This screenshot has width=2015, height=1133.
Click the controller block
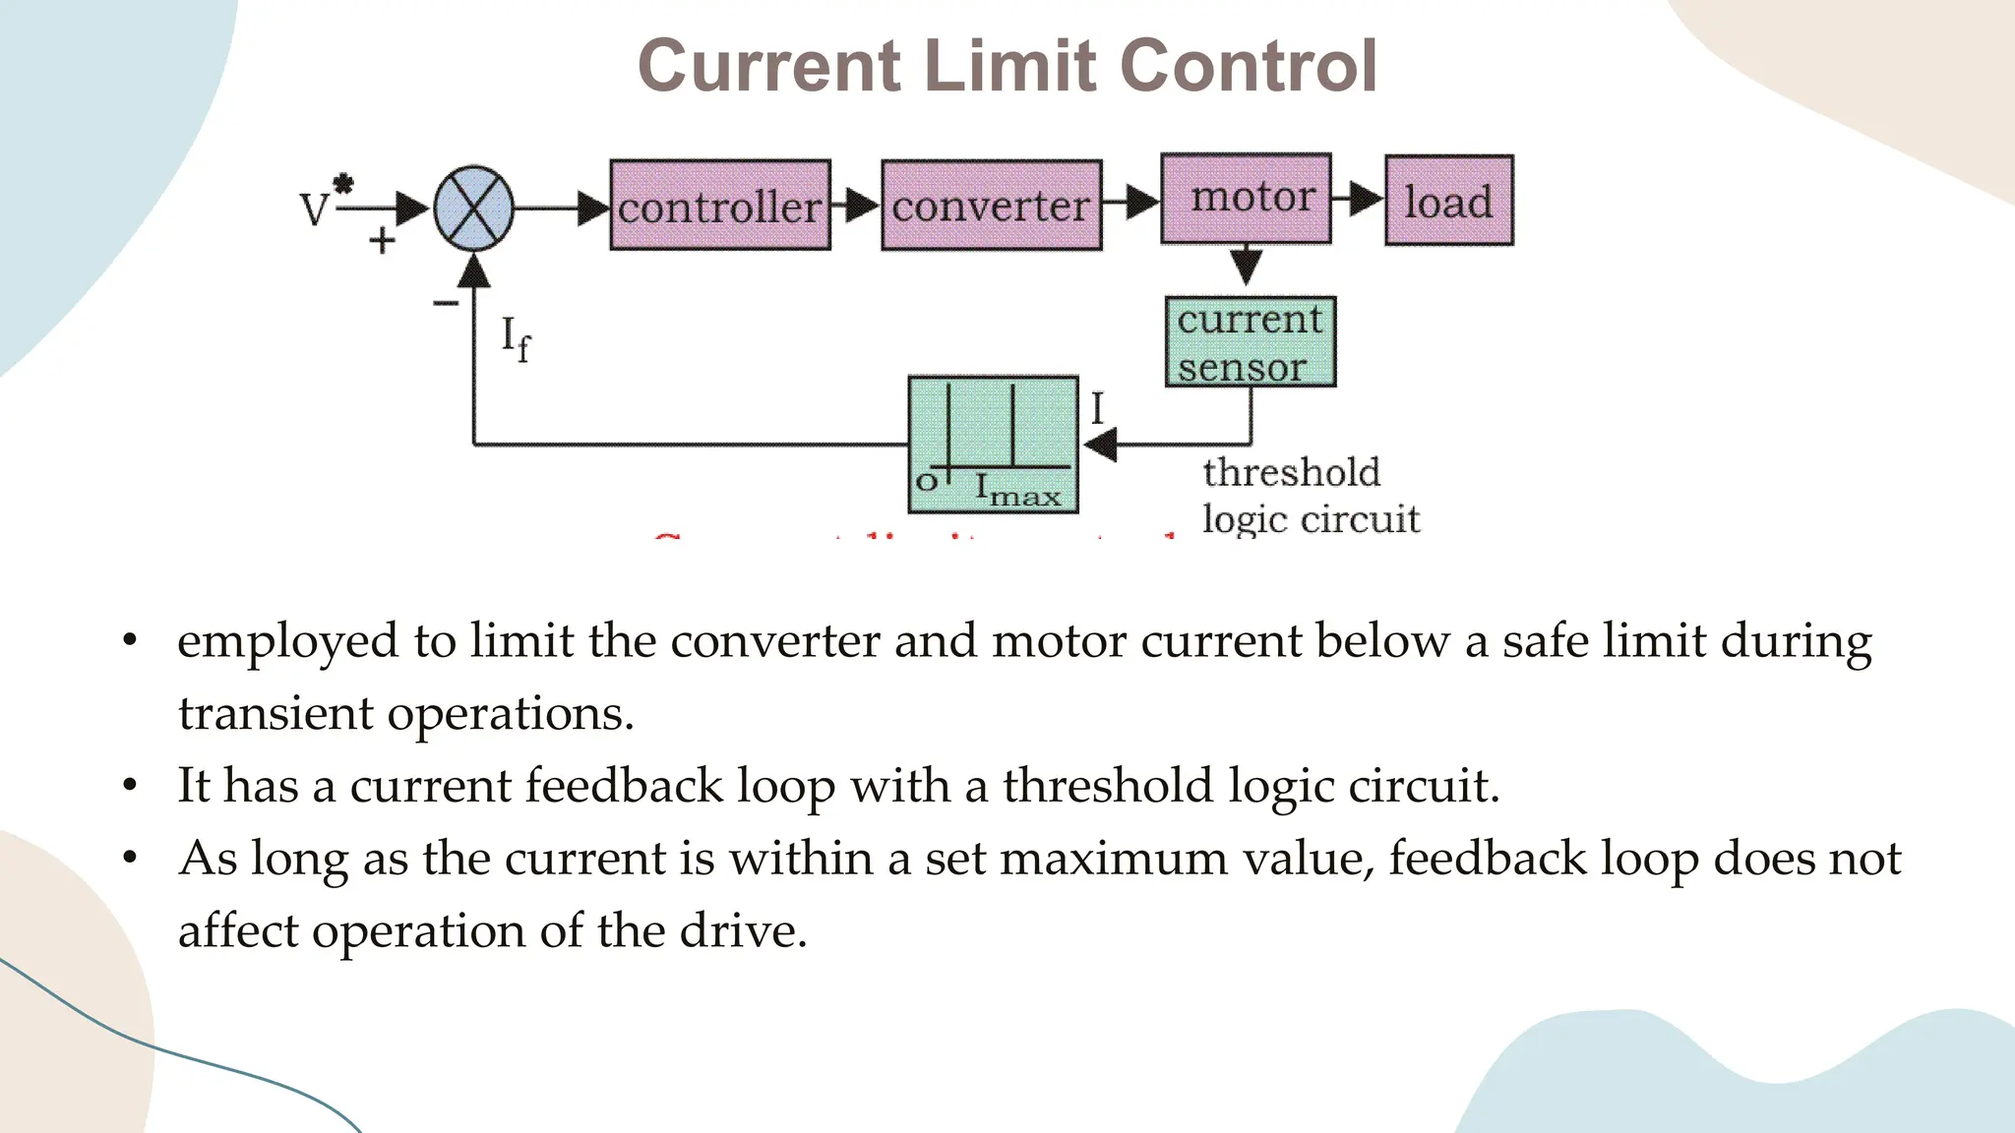[x=720, y=206]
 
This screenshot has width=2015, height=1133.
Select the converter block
[x=991, y=206]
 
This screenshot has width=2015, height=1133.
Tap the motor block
[x=1246, y=198]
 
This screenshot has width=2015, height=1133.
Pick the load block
[x=1448, y=201]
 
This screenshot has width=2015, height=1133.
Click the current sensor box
[x=1250, y=342]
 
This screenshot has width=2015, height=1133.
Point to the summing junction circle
[x=474, y=209]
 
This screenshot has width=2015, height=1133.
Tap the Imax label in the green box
[x=1017, y=490]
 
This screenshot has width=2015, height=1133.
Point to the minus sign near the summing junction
[x=446, y=302]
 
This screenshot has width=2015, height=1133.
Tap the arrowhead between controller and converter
[x=862, y=206]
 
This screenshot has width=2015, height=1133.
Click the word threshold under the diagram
[x=1291, y=473]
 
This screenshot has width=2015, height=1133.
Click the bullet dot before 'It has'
[x=130, y=786]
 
